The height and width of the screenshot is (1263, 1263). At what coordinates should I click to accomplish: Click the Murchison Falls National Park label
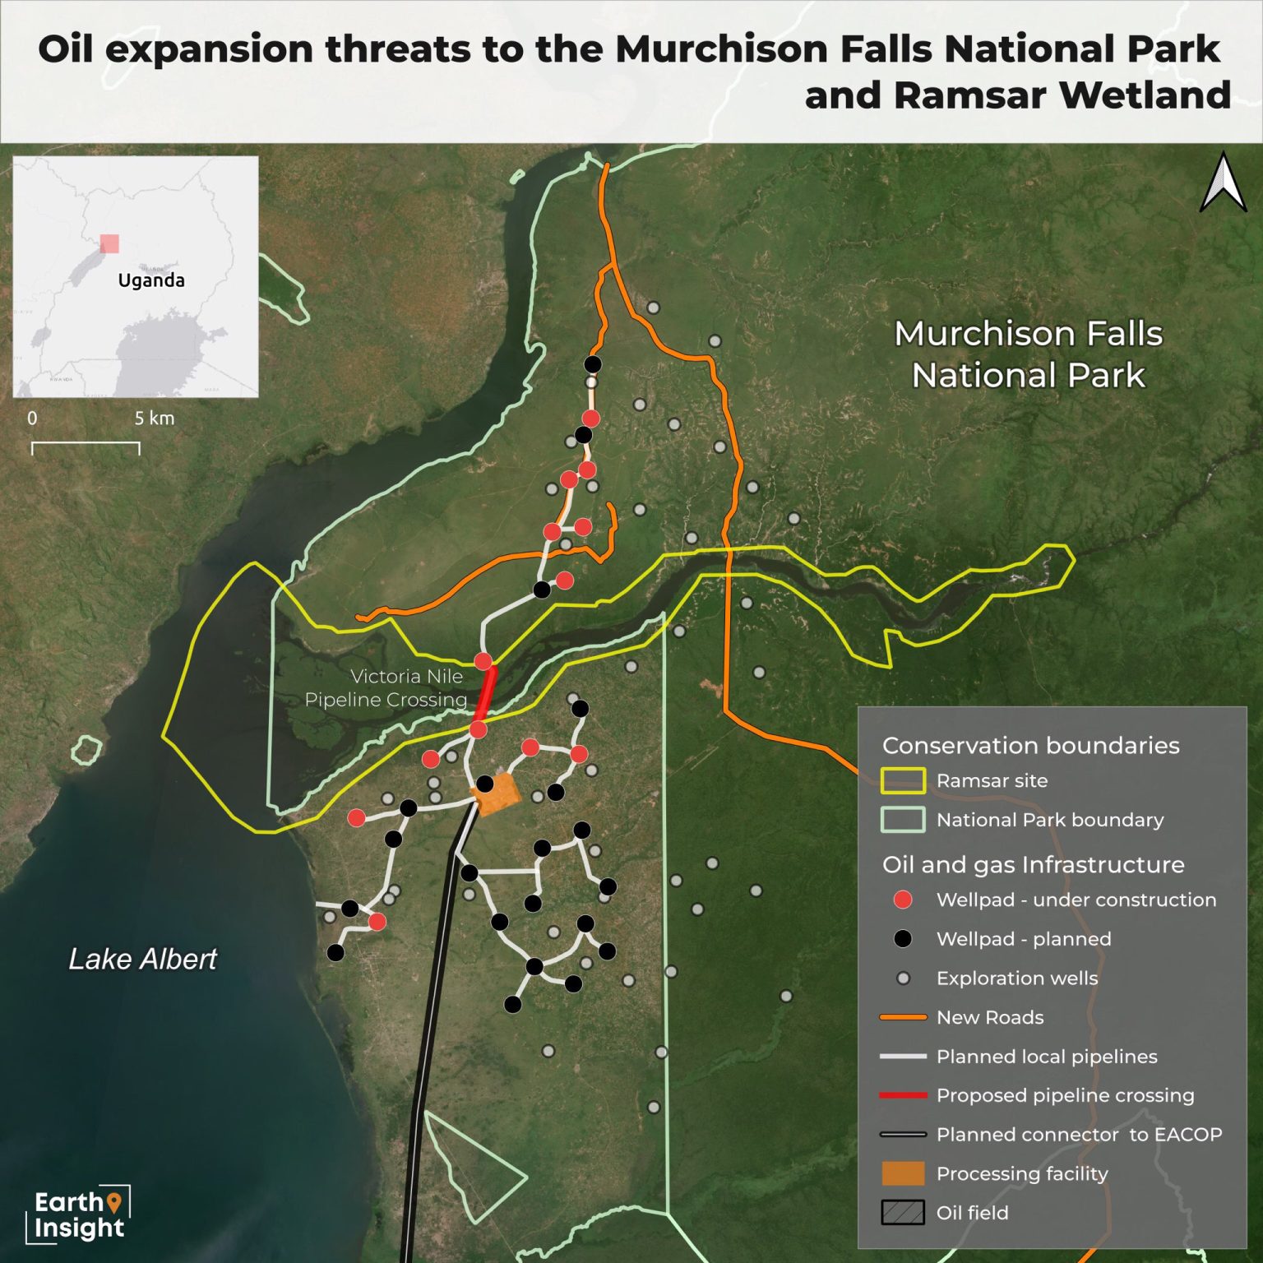(1028, 354)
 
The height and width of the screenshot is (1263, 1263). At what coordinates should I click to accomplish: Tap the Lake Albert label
(142, 959)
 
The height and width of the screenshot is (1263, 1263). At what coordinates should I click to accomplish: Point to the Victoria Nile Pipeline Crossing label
(386, 688)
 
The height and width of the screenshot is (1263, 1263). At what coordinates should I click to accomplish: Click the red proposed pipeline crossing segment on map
(486, 694)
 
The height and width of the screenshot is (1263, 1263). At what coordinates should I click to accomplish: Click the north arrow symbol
(1223, 183)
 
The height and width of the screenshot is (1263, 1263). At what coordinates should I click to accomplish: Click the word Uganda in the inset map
(151, 280)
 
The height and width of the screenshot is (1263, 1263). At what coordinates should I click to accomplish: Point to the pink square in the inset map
(109, 243)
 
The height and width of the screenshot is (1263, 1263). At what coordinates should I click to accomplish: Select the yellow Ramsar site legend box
(903, 780)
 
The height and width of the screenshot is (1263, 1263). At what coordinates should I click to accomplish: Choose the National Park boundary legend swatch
(903, 820)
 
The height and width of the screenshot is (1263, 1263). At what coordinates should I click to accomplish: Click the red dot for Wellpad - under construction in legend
(903, 900)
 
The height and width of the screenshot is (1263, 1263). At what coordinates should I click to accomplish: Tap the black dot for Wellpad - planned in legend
(903, 939)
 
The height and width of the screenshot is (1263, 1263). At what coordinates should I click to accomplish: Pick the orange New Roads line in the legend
(903, 1017)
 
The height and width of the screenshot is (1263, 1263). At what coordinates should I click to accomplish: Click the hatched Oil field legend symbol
(903, 1213)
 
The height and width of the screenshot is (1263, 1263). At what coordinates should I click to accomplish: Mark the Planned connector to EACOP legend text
(1079, 1135)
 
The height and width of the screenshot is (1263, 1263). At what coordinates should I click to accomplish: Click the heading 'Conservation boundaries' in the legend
(1030, 746)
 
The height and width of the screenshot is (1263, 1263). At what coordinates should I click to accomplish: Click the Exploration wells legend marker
(903, 978)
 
